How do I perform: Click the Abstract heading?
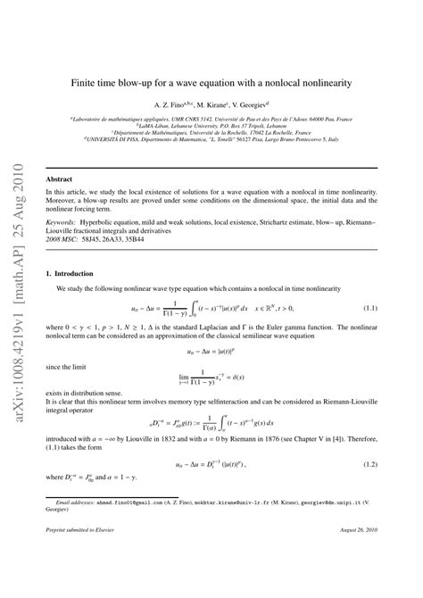coord(59,179)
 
